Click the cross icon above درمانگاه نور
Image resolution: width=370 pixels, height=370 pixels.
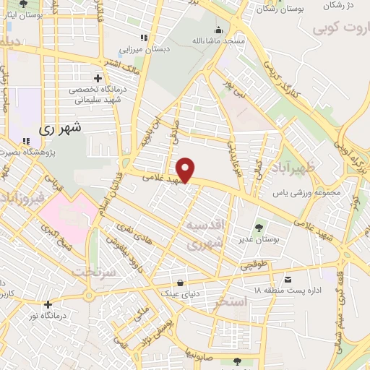(48, 305)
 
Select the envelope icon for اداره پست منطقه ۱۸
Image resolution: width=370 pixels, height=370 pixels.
(288, 279)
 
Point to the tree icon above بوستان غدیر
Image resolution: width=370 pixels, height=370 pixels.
(259, 220)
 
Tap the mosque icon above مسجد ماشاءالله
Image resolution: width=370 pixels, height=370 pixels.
(219, 30)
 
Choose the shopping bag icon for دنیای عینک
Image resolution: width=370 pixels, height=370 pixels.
(179, 282)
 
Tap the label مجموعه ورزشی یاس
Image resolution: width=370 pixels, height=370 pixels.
(304, 193)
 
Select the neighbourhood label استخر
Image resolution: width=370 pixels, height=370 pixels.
(229, 303)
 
